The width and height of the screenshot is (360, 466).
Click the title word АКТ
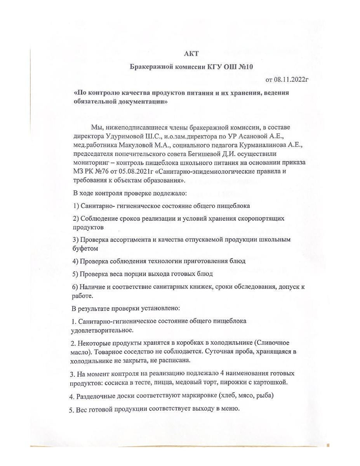[x=191, y=54]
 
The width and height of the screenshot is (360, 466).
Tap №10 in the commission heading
[x=245, y=67]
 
